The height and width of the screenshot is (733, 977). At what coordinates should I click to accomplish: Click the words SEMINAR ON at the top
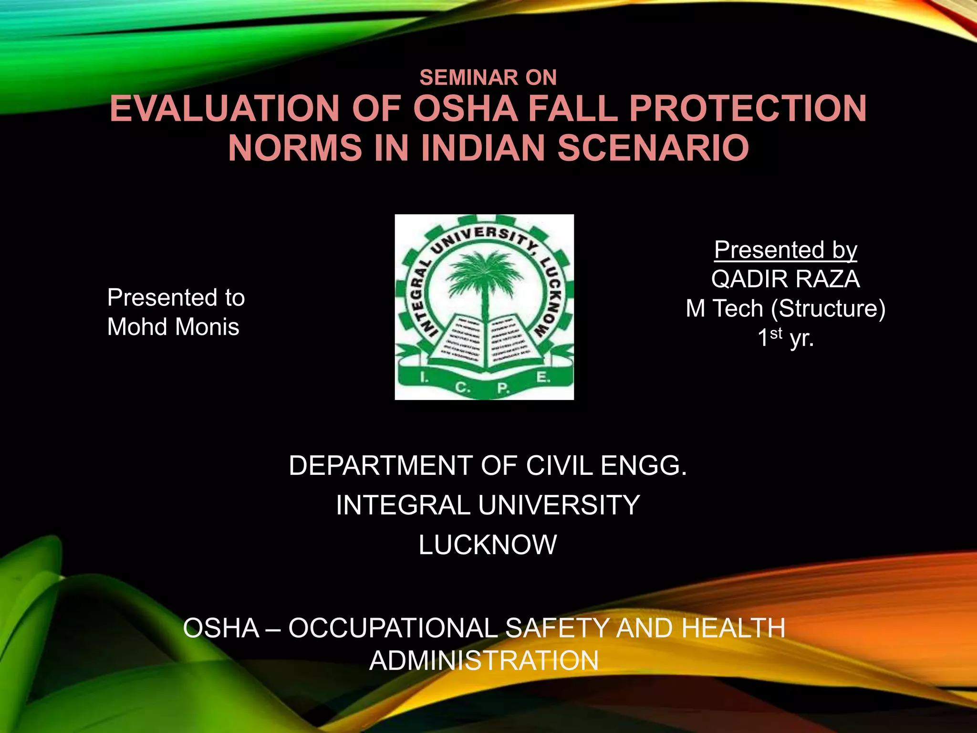click(488, 78)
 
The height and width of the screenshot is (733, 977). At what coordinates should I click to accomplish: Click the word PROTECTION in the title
click(748, 109)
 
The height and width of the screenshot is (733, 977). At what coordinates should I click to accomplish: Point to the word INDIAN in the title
click(483, 148)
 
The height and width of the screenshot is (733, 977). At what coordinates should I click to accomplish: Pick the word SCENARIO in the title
click(653, 148)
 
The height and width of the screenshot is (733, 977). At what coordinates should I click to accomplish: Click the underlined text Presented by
click(785, 250)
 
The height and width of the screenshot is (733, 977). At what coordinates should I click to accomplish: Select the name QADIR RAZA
click(785, 279)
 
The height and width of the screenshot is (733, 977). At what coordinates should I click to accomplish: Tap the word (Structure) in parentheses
click(828, 309)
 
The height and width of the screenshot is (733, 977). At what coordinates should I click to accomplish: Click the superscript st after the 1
click(776, 333)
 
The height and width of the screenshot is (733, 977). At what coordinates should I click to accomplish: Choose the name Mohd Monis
click(173, 327)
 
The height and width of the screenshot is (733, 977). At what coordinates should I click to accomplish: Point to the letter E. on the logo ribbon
click(543, 377)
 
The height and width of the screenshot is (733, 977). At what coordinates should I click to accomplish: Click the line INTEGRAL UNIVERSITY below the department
click(488, 505)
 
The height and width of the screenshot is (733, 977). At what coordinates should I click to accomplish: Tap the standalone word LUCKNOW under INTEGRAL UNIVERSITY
click(488, 545)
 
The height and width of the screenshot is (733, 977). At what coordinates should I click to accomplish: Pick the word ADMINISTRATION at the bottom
click(484, 661)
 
